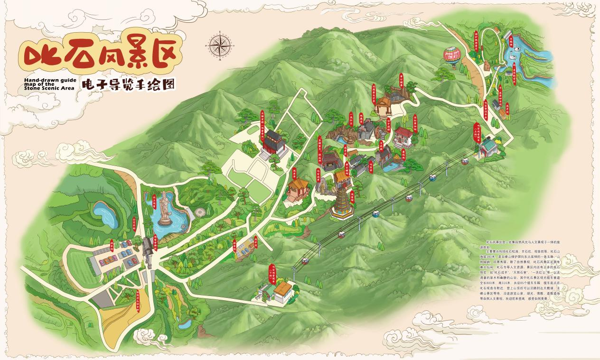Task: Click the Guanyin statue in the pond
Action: pos(165,208)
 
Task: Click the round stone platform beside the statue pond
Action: pos(200,212)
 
